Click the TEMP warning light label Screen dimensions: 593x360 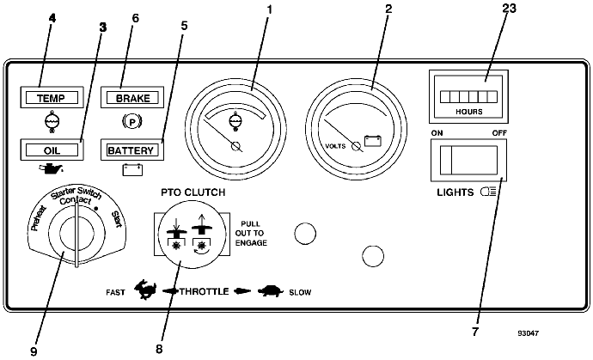click(52, 98)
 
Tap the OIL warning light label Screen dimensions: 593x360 click(52, 150)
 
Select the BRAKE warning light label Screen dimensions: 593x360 click(132, 98)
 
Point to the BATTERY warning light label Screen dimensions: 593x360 click(131, 150)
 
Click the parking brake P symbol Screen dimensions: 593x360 click(132, 122)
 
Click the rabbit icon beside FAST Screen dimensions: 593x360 click(145, 290)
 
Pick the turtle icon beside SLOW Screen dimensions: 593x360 click(271, 291)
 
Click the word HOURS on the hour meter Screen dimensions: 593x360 click(469, 112)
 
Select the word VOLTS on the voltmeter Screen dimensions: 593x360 click(335, 146)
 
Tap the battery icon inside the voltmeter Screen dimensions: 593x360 click(373, 141)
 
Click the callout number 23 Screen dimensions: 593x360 click(509, 8)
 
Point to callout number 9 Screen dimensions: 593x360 click(34, 351)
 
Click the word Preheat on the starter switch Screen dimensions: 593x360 click(38, 218)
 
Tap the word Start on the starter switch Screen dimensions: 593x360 click(117, 219)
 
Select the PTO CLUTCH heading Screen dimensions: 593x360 click(193, 192)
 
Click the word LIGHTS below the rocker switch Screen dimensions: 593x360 click(455, 192)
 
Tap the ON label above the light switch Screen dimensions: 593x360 click(437, 132)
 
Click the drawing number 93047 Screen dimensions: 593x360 click(529, 333)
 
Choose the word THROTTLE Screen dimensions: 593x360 click(205, 291)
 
